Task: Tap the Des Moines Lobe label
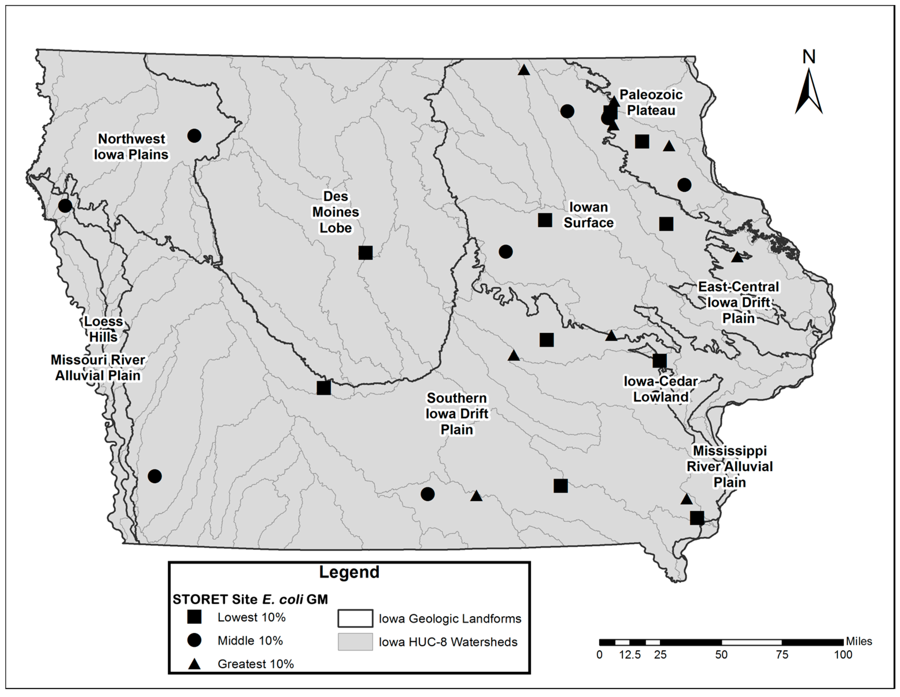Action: tap(335, 212)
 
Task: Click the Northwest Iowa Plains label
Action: tap(131, 147)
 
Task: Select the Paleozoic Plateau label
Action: tap(651, 103)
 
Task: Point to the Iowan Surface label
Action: tap(588, 215)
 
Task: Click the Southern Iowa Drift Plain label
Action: tap(457, 414)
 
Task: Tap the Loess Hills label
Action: tap(104, 329)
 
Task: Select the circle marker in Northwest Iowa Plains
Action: tap(194, 135)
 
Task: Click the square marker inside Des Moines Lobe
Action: tap(365, 253)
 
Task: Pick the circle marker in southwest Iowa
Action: tap(155, 476)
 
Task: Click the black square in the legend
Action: tap(194, 617)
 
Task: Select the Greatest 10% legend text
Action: tap(256, 664)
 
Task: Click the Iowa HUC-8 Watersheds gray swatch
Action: tap(355, 642)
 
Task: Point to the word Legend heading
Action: tap(349, 572)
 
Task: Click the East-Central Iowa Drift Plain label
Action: tap(738, 303)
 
